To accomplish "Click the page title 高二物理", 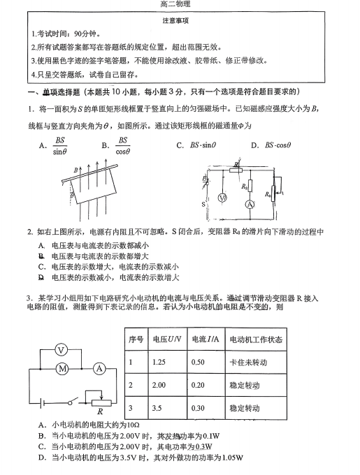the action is coord(180,5).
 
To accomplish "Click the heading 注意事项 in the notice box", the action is coord(180,21).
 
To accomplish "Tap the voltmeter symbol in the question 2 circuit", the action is coord(223,198).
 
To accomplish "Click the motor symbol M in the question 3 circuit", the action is coord(62,367).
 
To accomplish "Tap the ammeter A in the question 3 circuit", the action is coord(99,367).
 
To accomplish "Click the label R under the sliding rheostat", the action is coord(100,412).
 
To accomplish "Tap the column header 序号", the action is coord(136,339).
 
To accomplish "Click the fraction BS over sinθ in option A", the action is coord(60,145).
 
